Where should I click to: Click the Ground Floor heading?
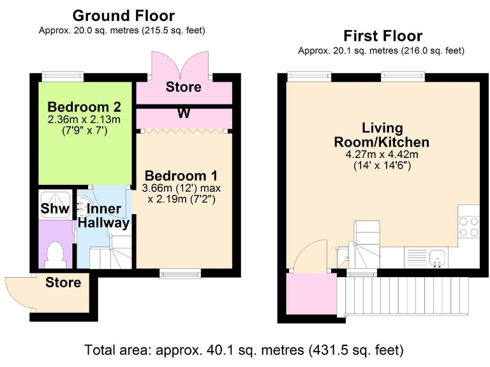coord(123,15)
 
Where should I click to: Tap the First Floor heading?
coord(383,36)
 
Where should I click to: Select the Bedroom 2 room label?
coord(84,107)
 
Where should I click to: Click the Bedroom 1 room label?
coord(181,176)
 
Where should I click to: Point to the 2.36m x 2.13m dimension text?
coord(84,120)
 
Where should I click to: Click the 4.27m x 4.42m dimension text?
coord(382,154)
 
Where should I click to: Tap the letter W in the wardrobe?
coord(184,113)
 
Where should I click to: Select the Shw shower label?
coord(55,208)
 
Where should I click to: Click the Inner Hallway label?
coord(104,215)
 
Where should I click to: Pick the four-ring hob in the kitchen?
coord(469,227)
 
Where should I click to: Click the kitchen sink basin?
coord(438,258)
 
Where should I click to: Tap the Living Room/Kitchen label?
coord(382,135)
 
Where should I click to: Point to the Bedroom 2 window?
coord(63,76)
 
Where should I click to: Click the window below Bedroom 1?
coord(180,274)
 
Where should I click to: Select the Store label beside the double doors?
coord(184,87)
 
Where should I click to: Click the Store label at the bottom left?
coord(63,282)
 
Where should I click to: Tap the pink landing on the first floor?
coord(312,294)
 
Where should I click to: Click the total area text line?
coord(244,350)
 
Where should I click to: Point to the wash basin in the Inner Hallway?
coord(82,206)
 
